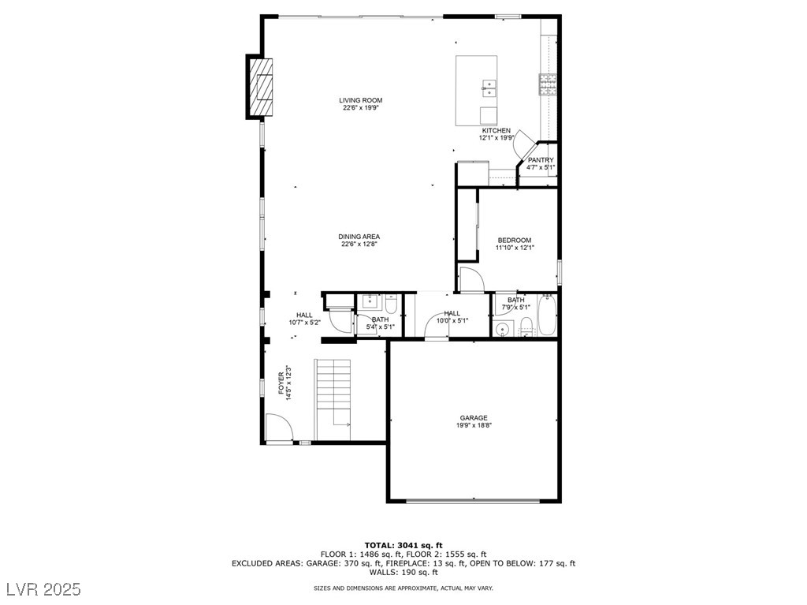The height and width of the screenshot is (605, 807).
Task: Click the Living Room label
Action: pos(360,100)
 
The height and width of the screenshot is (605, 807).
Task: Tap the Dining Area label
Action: pos(359,237)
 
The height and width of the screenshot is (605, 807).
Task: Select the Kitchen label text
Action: pos(496,131)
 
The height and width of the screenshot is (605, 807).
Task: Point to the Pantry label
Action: pos(541,160)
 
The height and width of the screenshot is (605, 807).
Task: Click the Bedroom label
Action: pos(515,240)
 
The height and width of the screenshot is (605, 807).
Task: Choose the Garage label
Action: pos(474,418)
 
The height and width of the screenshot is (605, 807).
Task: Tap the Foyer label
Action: pos(281,383)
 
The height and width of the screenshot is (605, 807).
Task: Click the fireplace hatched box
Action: pos(260,88)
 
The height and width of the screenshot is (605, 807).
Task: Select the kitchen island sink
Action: pos(489,88)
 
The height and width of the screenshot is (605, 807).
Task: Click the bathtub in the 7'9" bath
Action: pos(547,315)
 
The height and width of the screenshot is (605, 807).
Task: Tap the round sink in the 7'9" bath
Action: pos(501,329)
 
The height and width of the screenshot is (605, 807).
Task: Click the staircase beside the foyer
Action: pos(333,400)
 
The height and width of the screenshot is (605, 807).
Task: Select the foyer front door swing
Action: pos(279,428)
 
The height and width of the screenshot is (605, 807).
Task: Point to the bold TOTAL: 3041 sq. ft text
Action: pos(403,545)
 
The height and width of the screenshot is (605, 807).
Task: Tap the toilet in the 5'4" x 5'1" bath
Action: pos(391,304)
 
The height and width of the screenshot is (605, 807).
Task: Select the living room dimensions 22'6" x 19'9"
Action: pos(361,108)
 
